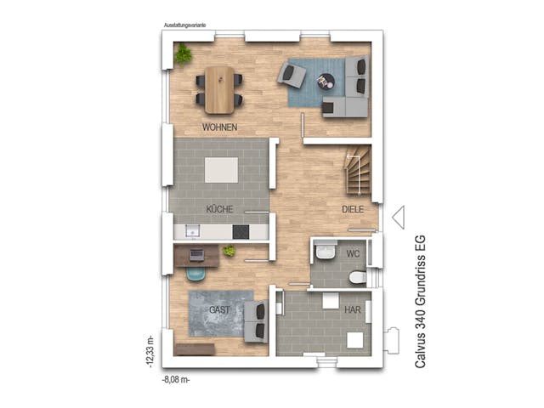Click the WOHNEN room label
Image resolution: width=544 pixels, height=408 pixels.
coord(219,127)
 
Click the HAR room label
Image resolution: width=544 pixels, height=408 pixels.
coord(352,310)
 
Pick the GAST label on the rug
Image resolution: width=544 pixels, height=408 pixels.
coord(219,309)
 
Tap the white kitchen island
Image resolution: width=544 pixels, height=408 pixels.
coord(221,169)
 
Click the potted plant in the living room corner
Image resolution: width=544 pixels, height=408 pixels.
coord(183,55)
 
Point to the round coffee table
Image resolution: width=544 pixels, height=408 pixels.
coord(326,82)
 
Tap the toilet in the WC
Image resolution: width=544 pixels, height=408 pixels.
coord(357,279)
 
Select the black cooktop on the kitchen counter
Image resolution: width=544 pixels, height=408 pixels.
coord(241,231)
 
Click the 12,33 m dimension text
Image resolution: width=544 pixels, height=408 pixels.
coord(150,348)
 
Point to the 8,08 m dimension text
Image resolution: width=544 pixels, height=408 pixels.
coord(176,380)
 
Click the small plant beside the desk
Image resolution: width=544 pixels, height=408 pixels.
coord(229,251)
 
